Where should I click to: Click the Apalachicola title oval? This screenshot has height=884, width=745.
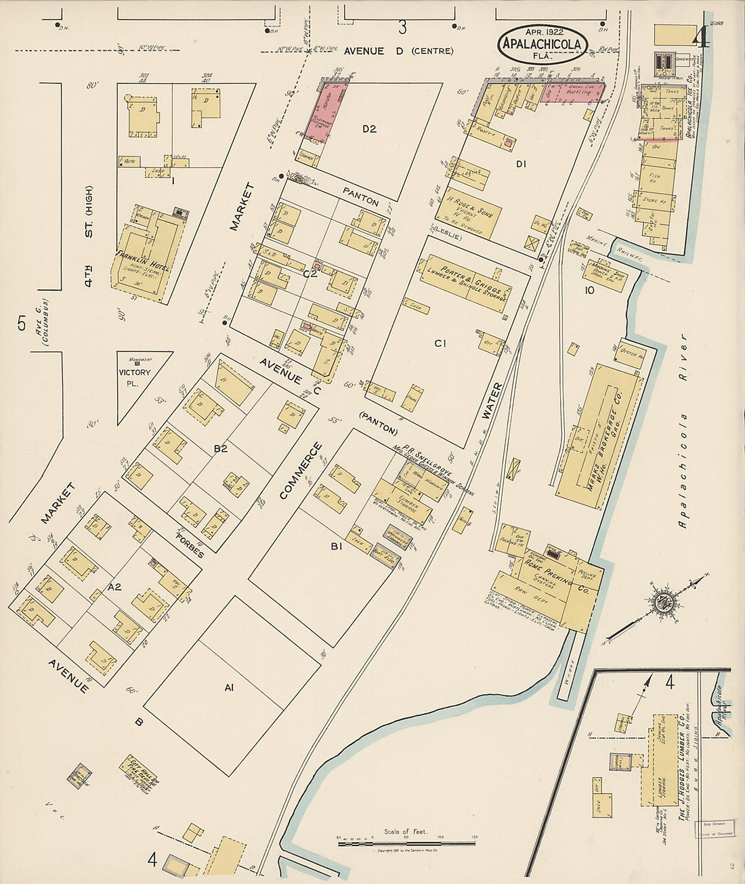click(542, 44)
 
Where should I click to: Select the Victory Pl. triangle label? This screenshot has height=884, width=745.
click(134, 377)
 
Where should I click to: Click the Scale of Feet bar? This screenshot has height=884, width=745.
click(406, 843)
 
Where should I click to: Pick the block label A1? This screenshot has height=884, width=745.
click(229, 688)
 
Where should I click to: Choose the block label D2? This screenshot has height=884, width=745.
click(369, 129)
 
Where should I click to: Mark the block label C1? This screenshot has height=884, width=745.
click(440, 343)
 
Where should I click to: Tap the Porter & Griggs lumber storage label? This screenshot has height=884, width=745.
click(467, 280)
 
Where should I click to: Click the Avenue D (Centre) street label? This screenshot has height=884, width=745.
click(398, 51)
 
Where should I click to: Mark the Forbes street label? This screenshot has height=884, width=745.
click(190, 546)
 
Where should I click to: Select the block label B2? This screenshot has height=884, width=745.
click(220, 448)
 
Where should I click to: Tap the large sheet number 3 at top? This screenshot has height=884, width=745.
click(402, 28)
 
